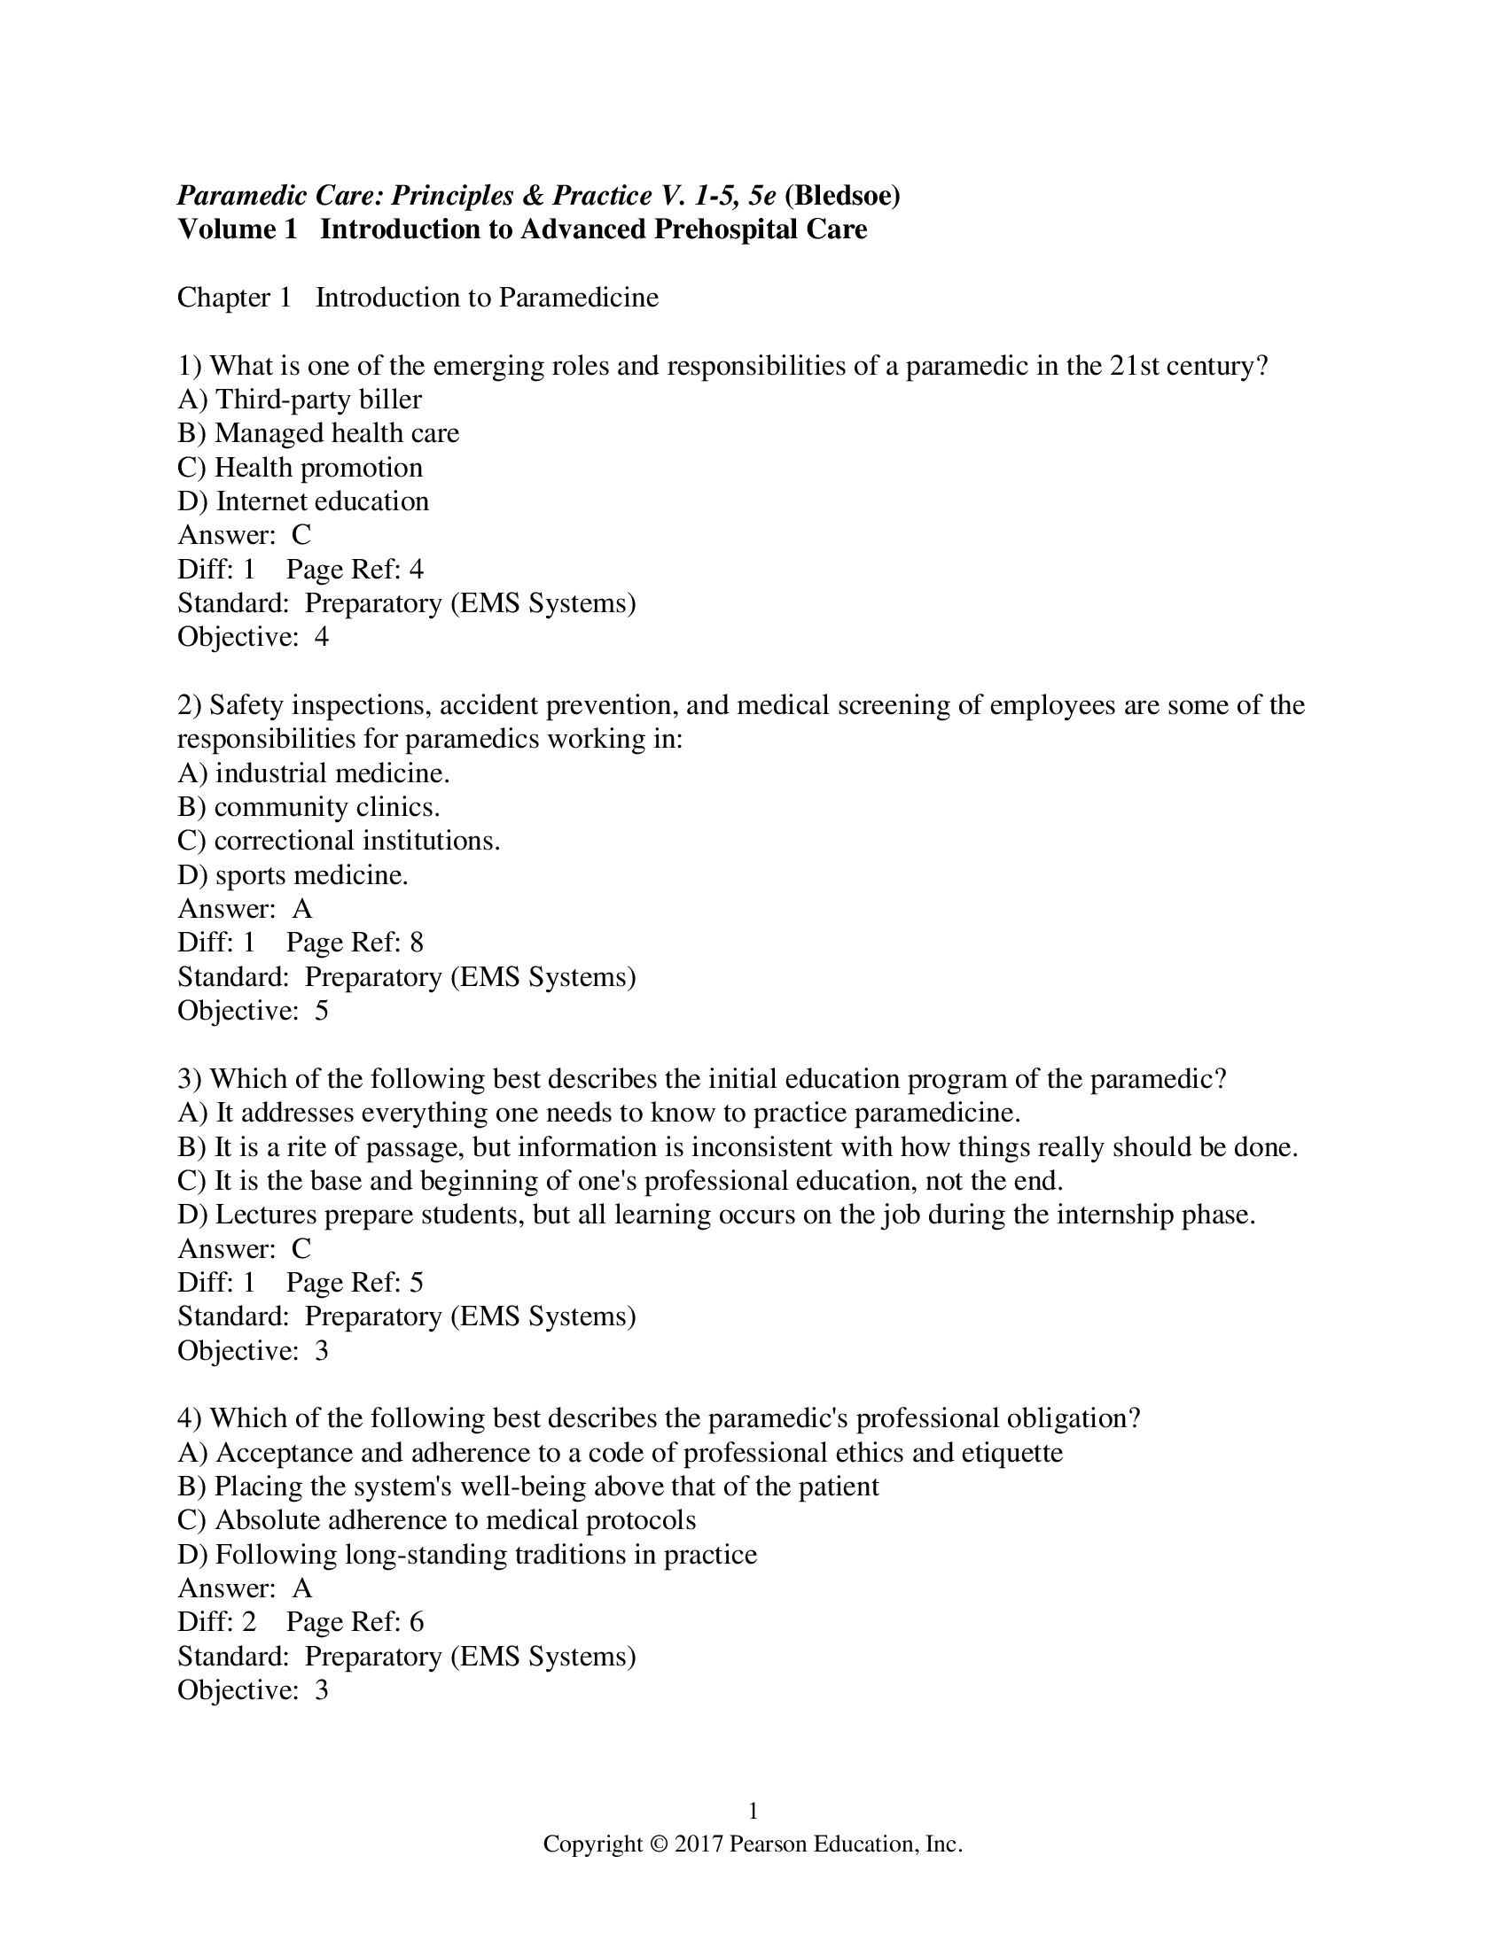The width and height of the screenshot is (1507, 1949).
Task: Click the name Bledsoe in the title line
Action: [x=842, y=195]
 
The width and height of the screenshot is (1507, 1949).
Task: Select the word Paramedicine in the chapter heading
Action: [x=578, y=297]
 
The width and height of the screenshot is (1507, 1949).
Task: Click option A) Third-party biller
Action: [x=299, y=399]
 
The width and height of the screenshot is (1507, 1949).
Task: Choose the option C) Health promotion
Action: [x=300, y=467]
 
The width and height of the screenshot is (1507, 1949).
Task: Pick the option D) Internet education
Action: [x=302, y=501]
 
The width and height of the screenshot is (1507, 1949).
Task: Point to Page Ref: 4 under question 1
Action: [x=355, y=569]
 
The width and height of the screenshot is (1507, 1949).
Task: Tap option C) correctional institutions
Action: [x=339, y=841]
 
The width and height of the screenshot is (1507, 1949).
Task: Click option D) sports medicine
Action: [x=293, y=874]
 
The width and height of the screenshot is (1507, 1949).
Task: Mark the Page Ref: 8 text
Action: [x=355, y=943]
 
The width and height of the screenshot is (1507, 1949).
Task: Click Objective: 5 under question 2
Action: [x=253, y=1010]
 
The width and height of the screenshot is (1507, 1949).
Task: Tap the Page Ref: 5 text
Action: [x=355, y=1283]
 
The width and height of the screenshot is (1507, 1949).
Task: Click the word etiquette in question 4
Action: [x=1011, y=1453]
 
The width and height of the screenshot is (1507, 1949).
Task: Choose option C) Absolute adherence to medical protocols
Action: [x=436, y=1520]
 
